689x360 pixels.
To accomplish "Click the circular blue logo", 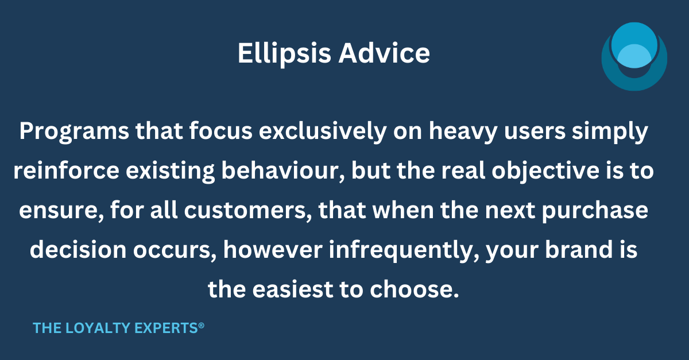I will coord(634,56).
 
